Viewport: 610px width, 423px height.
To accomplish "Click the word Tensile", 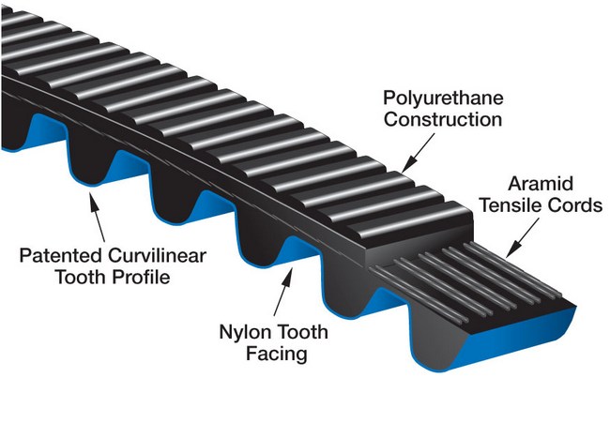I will tap(517, 205).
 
